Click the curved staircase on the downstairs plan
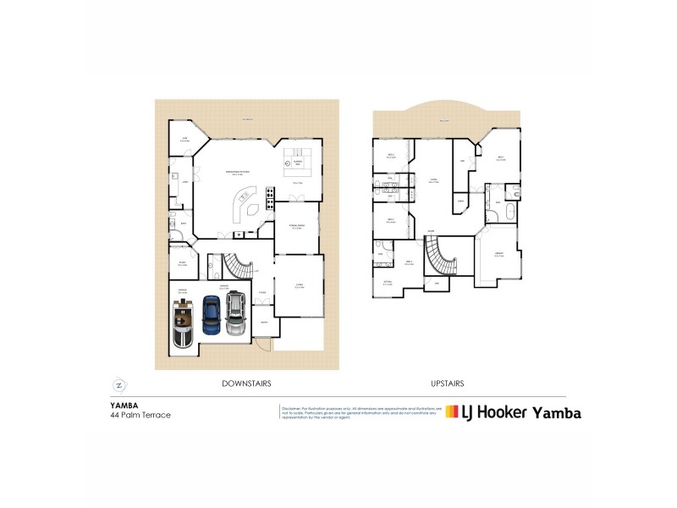(239, 268)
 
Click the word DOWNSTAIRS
(246, 384)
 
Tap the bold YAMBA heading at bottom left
(124, 406)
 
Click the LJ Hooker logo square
(452, 412)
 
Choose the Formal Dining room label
(297, 226)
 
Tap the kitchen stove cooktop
(270, 197)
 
